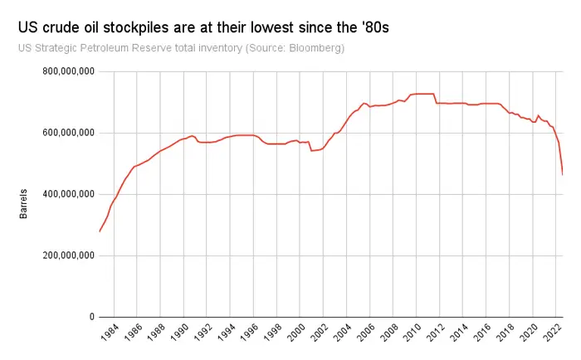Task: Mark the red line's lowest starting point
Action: pos(100,231)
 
